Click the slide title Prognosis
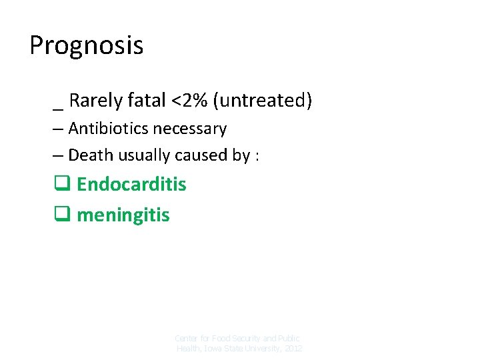86,46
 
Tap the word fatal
147,101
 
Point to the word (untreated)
263,101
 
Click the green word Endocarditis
131,185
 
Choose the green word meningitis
123,215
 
